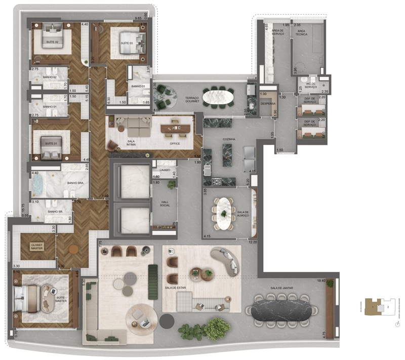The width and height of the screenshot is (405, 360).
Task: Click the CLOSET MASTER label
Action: [x=36, y=246]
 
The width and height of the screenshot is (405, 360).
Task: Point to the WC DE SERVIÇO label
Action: [x=311, y=87]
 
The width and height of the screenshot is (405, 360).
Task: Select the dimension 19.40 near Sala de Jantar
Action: [x=320, y=280]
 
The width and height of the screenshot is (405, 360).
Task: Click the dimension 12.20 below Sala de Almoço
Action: [x=253, y=242]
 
